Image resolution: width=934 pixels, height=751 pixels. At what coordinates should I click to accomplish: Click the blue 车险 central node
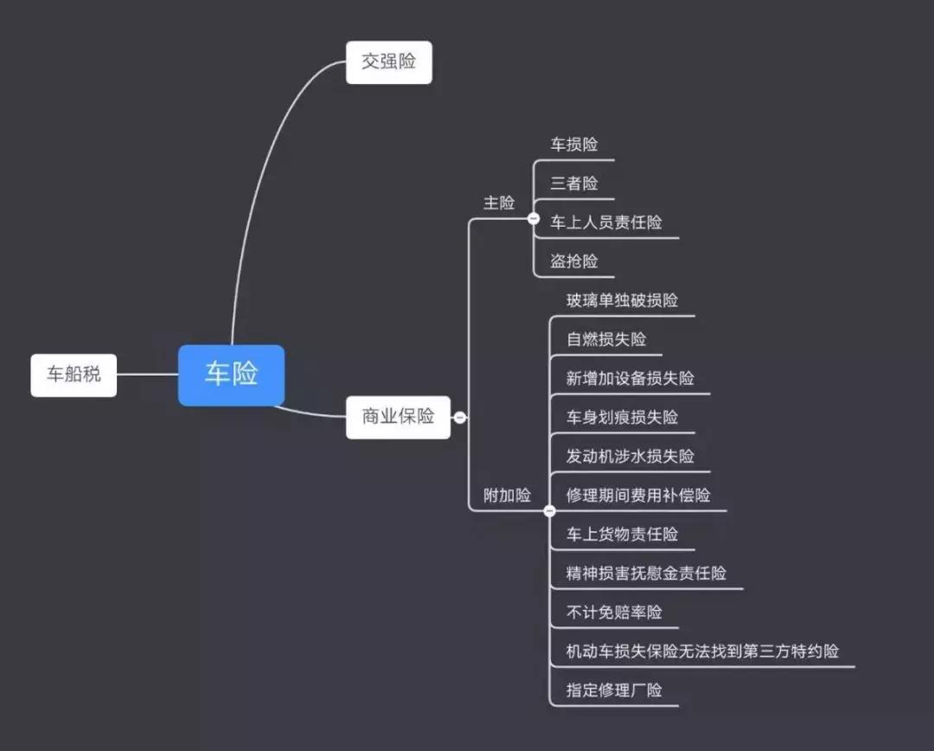(231, 375)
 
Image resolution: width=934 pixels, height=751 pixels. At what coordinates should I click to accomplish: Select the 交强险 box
(388, 61)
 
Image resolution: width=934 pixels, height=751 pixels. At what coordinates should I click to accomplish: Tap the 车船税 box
(74, 375)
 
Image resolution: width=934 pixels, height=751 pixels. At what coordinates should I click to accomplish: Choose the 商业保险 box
(398, 416)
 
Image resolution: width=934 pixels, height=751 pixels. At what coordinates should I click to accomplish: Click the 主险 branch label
(498, 203)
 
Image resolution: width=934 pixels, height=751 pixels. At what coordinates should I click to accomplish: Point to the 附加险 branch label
(507, 496)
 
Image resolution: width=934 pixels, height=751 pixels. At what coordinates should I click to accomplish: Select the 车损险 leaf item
(574, 144)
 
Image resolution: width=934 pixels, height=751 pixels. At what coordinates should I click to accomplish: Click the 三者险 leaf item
(574, 183)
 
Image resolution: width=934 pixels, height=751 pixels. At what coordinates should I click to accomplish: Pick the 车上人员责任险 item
(606, 222)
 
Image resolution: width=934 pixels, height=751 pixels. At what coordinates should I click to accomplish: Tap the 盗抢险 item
(574, 261)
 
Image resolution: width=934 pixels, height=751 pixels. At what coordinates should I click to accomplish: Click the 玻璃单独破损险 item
(622, 301)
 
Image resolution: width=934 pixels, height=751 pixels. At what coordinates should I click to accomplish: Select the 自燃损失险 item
(606, 340)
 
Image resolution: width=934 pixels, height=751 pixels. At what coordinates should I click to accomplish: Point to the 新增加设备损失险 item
(630, 379)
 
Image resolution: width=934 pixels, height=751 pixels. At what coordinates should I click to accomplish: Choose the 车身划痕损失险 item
(622, 418)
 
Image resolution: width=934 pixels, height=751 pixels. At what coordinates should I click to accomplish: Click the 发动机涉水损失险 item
(630, 457)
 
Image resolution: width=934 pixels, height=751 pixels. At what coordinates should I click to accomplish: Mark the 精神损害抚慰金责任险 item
(646, 574)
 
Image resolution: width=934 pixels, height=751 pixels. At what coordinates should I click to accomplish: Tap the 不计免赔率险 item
(614, 613)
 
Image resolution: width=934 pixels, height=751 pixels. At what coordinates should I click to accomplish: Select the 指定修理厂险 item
(614, 690)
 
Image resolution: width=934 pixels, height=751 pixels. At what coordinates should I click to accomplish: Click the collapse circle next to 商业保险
(460, 417)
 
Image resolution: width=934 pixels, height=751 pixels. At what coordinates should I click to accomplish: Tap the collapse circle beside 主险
(534, 219)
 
